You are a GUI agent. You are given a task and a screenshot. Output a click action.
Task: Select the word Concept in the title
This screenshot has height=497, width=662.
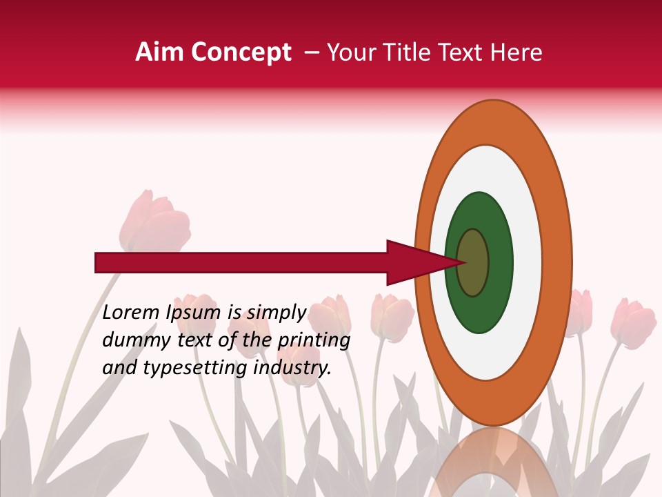241,53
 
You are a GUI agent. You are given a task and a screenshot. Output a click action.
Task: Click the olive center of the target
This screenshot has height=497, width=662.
473,263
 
